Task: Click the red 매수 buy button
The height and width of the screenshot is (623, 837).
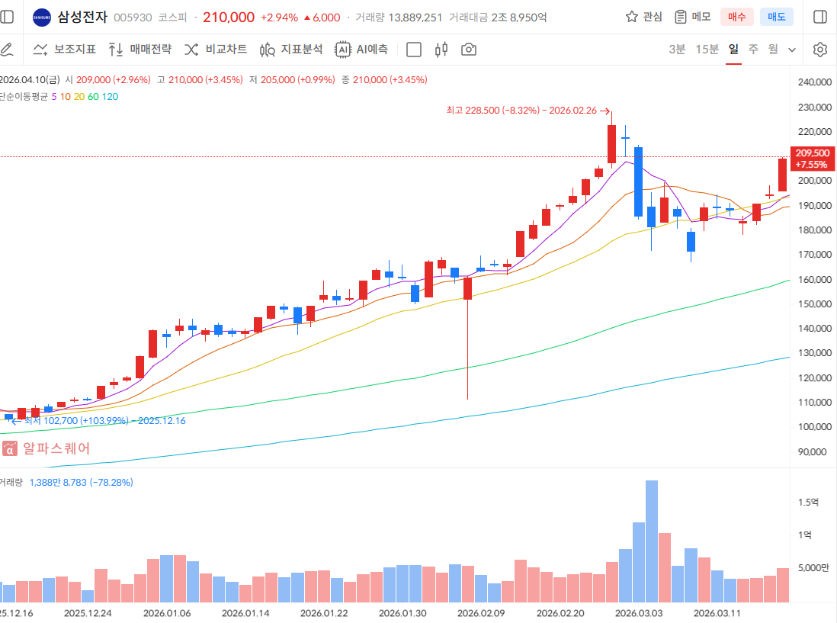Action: coord(737,17)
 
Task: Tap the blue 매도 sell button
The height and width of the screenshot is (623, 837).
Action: coord(777,17)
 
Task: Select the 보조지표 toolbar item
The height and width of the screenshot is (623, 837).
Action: coord(65,50)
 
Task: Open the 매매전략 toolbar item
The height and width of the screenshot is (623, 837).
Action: coord(140,50)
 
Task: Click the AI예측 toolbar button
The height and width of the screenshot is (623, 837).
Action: coord(362,50)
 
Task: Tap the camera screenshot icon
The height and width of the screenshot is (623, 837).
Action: coord(469,50)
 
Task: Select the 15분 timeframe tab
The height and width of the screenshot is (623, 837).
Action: coord(707,50)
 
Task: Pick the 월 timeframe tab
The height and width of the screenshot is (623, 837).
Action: coord(773,50)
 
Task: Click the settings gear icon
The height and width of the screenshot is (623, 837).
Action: coord(820,50)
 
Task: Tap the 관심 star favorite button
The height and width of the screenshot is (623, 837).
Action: coord(644,17)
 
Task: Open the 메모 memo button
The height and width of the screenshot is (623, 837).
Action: coord(692,17)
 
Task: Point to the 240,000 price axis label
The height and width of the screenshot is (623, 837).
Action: coord(812,82)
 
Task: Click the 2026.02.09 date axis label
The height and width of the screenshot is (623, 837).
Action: coord(481,612)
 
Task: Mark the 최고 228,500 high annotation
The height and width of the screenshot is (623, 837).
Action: coord(527,111)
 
